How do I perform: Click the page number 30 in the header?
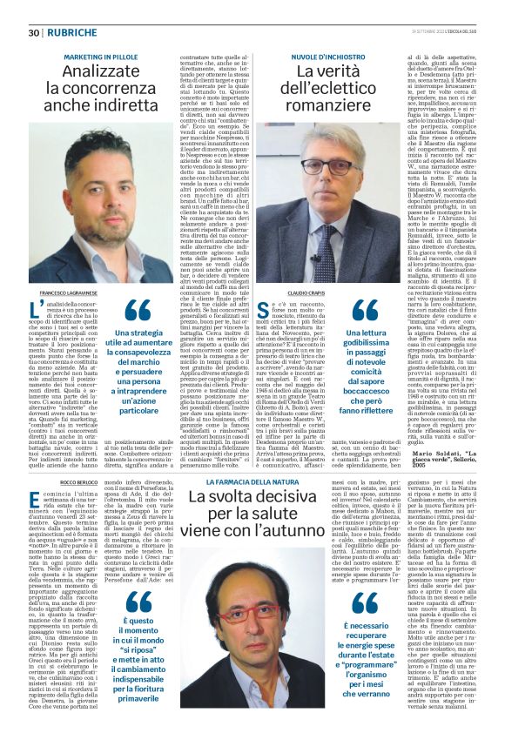click(34, 33)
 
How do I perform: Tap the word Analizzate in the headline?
click(99, 72)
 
